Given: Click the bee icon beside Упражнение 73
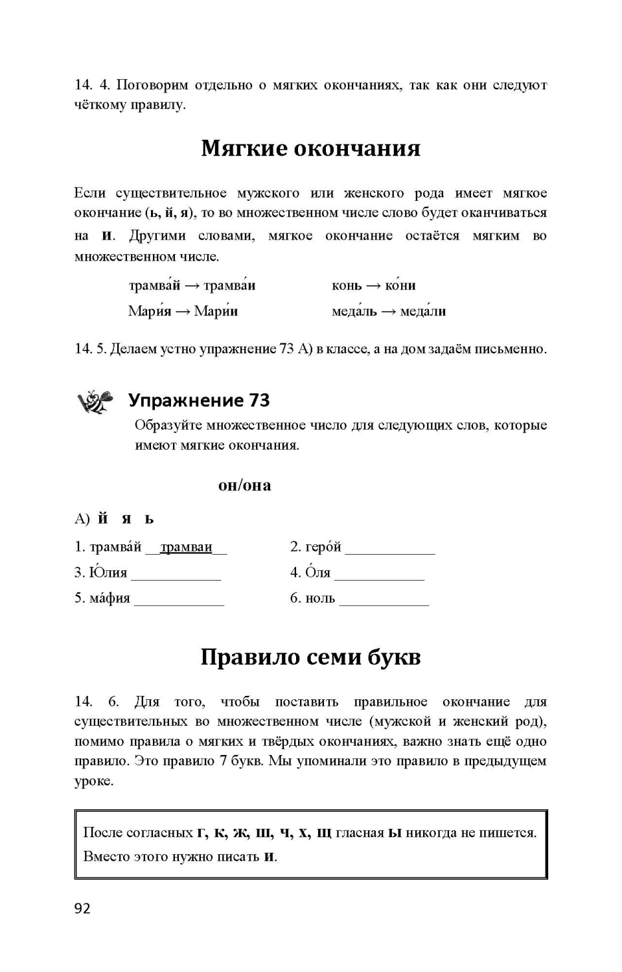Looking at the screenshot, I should click(x=95, y=401).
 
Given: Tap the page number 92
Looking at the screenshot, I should click(x=82, y=908).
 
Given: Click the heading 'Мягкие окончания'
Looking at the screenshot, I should click(x=310, y=148).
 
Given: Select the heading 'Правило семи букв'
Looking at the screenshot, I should click(x=310, y=657).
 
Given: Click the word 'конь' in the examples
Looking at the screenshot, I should click(x=347, y=286).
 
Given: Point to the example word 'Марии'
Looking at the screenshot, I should click(x=216, y=311).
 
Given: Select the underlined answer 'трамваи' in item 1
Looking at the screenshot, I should click(x=186, y=548).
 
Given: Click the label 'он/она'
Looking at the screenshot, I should click(x=244, y=485).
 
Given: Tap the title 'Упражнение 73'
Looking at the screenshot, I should click(x=199, y=400).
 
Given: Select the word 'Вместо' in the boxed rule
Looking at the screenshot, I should click(x=106, y=856).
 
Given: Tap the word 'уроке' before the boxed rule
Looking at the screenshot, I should click(x=93, y=781).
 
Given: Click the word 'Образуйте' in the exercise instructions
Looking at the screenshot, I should click(x=168, y=426).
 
